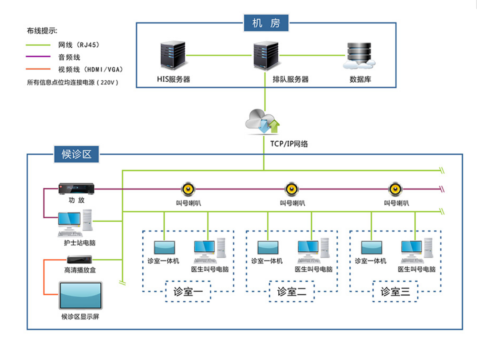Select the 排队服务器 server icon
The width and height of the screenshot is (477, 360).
tap(265, 56)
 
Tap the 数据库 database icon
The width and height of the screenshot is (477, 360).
tap(360, 56)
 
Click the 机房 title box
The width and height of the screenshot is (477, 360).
tap(266, 23)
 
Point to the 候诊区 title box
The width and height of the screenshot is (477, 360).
tap(76, 154)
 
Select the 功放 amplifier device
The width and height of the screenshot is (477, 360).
tap(76, 189)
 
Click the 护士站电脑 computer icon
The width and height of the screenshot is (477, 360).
tap(75, 224)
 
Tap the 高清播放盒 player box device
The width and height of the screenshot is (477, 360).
tap(79, 260)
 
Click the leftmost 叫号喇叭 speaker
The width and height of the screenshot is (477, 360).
tap(188, 189)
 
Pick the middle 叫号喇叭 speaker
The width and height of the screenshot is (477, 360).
tap(291, 189)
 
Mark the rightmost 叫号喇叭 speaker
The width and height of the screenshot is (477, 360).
tap(395, 189)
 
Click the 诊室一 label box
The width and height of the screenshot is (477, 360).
tap(188, 292)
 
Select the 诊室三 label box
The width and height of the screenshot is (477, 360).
tap(395, 292)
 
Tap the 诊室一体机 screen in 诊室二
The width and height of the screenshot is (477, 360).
tap(268, 248)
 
